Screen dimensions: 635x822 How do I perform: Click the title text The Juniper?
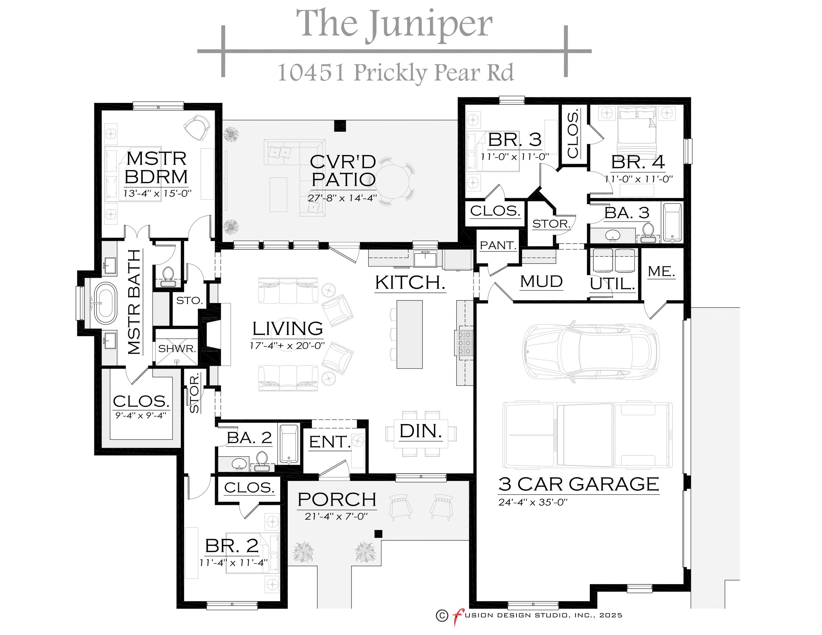(394, 24)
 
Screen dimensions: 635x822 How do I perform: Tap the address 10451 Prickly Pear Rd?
(395, 72)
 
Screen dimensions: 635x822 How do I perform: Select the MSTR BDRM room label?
(156, 168)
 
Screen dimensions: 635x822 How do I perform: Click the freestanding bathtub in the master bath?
(106, 303)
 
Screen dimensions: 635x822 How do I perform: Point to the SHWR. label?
(177, 348)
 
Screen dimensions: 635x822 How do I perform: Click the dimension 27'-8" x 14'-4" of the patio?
(342, 198)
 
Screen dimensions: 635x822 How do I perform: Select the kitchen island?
(409, 334)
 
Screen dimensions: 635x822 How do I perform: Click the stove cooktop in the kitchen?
(464, 343)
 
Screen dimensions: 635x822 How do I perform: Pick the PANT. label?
(497, 245)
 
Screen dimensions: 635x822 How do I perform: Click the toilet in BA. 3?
(648, 232)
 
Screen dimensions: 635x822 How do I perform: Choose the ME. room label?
(661, 271)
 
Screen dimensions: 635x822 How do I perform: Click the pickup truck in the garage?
(587, 435)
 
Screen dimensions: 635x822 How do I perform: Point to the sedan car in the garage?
(591, 351)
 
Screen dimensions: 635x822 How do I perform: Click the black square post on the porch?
(378, 533)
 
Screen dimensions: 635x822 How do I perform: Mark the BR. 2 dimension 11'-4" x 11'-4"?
(233, 563)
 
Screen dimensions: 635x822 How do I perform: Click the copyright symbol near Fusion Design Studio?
(442, 615)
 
